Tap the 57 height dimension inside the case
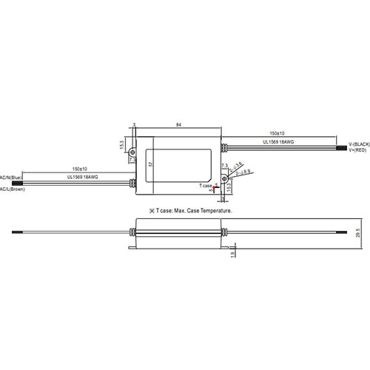click(x=152, y=164)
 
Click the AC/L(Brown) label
click(x=13, y=189)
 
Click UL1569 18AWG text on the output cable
click(x=280, y=141)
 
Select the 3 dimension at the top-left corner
click(x=134, y=125)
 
